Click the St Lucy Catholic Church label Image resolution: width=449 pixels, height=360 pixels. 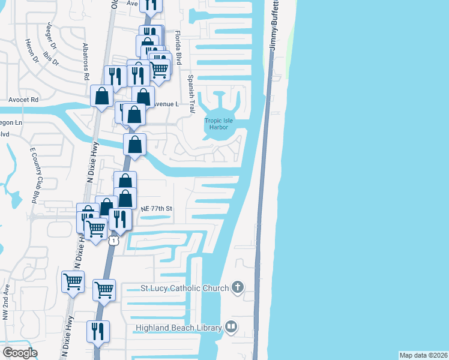pyautogui.click(x=185, y=288)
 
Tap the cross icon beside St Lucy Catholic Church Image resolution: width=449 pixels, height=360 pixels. pyautogui.click(x=238, y=287)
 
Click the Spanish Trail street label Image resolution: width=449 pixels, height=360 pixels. pyautogui.click(x=191, y=86)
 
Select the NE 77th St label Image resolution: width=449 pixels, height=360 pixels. pyautogui.click(x=157, y=208)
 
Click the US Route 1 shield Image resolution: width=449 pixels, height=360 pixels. pyautogui.click(x=112, y=241)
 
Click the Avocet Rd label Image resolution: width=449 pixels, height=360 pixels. pyautogui.click(x=23, y=99)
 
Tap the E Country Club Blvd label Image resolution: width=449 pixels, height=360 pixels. pyautogui.click(x=38, y=173)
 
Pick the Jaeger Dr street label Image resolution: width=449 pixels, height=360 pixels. pyautogui.click(x=48, y=36)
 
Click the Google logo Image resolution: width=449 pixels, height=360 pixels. pyautogui.click(x=20, y=353)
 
